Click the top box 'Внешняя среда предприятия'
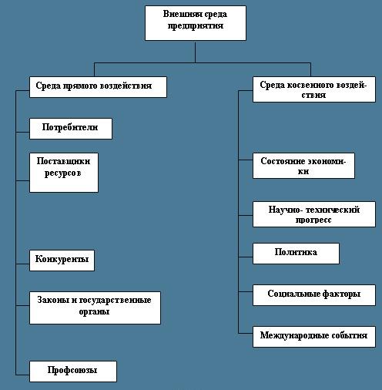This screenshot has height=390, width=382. click(x=196, y=23)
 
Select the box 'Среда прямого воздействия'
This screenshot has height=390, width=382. click(x=98, y=87)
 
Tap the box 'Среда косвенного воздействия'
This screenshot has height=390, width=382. click(x=314, y=89)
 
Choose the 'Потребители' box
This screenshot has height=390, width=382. click(x=71, y=129)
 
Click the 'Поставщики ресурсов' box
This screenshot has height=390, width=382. click(x=64, y=173)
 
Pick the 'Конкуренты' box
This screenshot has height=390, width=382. click(x=62, y=261)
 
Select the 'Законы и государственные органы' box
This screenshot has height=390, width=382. click(x=95, y=308)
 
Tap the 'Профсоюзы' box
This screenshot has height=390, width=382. click(x=73, y=372)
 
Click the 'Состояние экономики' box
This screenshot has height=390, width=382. click(x=303, y=166)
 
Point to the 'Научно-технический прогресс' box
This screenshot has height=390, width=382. click(x=314, y=214)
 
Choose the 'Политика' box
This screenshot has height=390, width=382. click(x=296, y=254)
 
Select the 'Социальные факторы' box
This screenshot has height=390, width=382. click(x=314, y=295)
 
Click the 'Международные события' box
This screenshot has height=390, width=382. click(x=314, y=337)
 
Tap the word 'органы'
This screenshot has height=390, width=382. click(x=94, y=312)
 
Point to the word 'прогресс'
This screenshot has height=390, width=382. click(x=313, y=220)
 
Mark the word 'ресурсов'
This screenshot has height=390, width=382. click(x=63, y=173)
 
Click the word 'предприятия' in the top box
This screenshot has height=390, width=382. click(x=196, y=26)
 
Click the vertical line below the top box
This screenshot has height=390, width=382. click(x=195, y=52)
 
